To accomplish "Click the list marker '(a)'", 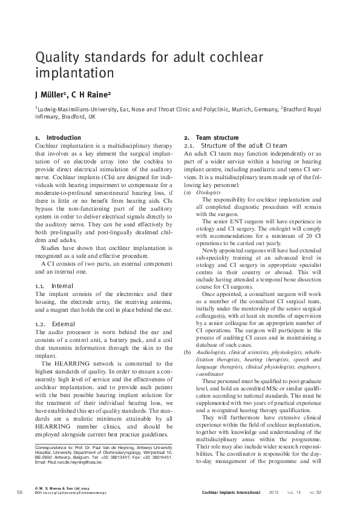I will (x=188, y=191).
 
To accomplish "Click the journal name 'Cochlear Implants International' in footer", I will (x=232, y=493).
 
